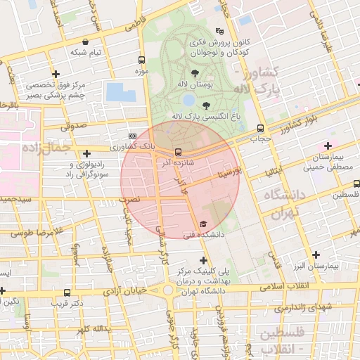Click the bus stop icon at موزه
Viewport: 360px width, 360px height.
click(x=143, y=60)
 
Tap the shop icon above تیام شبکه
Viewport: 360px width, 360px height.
click(x=85, y=41)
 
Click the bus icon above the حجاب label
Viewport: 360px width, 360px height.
click(x=261, y=129)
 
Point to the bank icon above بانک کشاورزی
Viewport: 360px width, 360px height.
click(x=133, y=136)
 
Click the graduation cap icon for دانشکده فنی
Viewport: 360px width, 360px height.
click(x=202, y=224)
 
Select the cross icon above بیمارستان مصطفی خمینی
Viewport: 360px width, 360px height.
click(x=328, y=145)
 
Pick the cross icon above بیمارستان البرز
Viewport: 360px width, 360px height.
click(x=316, y=255)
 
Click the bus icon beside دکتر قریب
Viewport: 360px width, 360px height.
click(x=67, y=292)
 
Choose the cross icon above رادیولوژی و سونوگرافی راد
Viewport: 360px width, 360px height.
click(x=86, y=153)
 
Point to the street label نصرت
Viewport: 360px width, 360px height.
click(x=131, y=199)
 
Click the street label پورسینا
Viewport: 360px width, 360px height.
click(x=230, y=170)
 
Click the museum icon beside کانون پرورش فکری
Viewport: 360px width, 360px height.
click(x=220, y=31)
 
